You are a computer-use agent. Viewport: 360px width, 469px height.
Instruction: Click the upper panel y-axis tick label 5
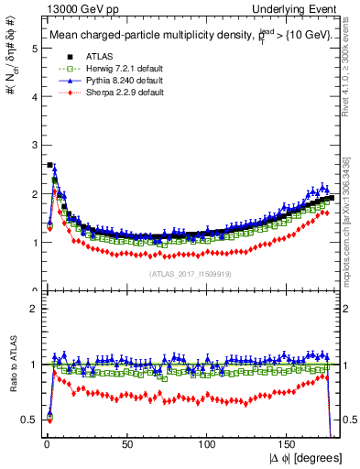pyautogui.click(x=33, y=49)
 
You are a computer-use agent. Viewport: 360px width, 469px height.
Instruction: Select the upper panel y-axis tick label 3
pyautogui.click(x=33, y=146)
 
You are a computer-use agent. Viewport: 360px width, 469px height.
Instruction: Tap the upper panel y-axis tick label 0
pyautogui.click(x=33, y=291)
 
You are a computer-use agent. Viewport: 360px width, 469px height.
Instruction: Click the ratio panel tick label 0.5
pyautogui.click(x=28, y=419)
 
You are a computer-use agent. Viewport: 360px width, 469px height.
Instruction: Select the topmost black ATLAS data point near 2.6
pyautogui.click(x=49, y=165)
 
